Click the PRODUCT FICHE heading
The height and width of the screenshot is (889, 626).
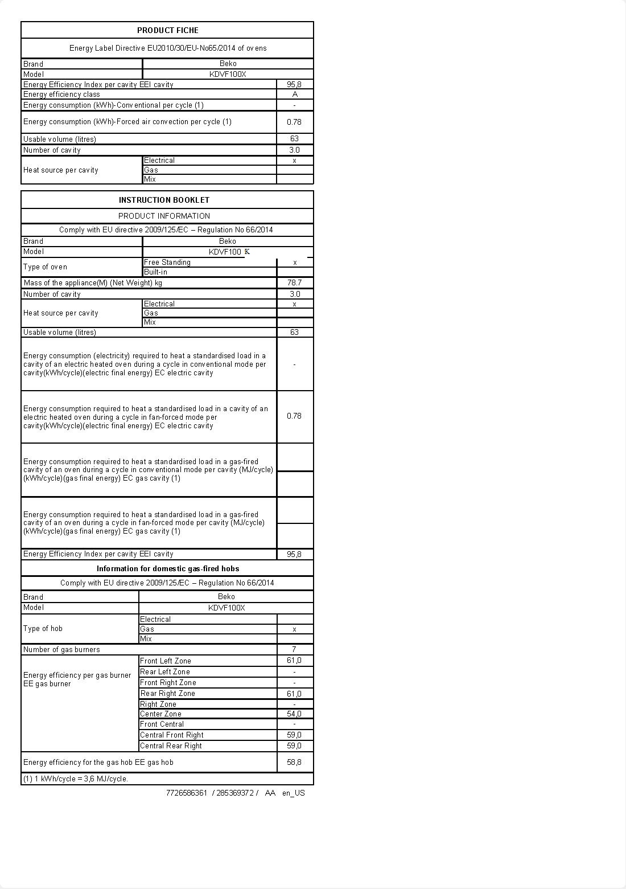point(167,30)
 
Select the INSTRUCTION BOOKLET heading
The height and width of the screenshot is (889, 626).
point(164,200)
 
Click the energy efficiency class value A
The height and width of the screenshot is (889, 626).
point(294,95)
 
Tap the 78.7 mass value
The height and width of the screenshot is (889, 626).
point(294,282)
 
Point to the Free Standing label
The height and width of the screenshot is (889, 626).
point(167,263)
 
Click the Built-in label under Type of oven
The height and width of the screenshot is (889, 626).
point(155,272)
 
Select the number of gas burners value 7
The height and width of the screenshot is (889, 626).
point(294,649)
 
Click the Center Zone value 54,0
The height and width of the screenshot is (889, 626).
point(294,714)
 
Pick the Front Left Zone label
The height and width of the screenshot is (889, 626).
point(166,661)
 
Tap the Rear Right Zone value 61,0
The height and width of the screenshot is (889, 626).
point(294,694)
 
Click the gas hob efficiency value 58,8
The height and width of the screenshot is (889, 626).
point(294,762)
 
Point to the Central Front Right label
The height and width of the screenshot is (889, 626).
point(172,735)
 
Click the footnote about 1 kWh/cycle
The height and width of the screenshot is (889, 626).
point(76,779)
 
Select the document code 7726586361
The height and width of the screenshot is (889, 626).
point(187,793)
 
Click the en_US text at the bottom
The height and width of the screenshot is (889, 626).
point(294,793)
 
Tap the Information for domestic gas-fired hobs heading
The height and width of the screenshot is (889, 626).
point(167,568)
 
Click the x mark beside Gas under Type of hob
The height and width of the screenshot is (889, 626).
point(294,629)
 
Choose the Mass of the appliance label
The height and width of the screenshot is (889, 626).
point(93,282)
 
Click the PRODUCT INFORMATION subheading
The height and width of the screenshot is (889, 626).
point(164,216)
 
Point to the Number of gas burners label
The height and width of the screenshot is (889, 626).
point(61,649)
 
